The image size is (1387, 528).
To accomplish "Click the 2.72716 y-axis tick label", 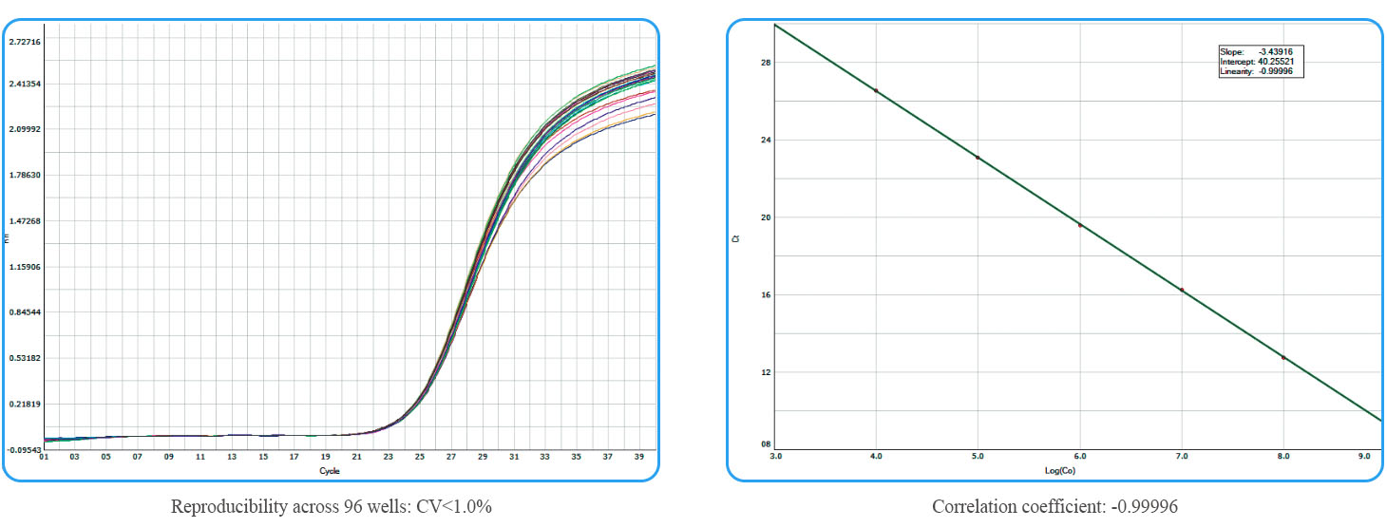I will click(23, 42).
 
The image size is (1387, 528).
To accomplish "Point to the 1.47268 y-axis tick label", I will click(23, 221).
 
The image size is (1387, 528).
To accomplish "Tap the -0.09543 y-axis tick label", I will click(23, 449).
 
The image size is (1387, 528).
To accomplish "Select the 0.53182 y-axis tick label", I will click(23, 358).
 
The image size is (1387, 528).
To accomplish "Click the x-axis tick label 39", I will click(638, 457).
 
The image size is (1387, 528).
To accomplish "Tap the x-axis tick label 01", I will click(44, 457).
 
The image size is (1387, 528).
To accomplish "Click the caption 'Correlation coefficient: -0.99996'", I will click(1054, 506).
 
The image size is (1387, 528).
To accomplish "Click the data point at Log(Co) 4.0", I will click(876, 91).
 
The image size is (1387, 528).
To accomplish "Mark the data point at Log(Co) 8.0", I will click(1283, 357).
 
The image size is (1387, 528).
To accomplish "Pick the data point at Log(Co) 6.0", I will click(1080, 225).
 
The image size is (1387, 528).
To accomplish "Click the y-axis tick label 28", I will click(766, 63).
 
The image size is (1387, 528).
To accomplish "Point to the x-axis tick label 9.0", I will click(1363, 457).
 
